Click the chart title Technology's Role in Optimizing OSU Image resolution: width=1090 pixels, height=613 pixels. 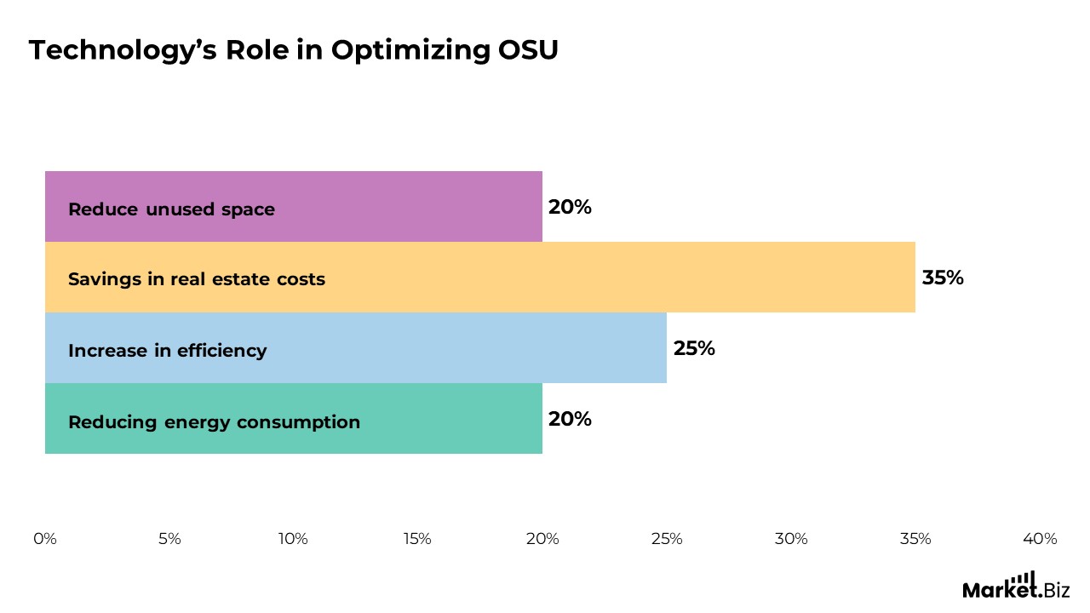click(x=294, y=50)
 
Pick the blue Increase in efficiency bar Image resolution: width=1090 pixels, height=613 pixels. click(x=468, y=348)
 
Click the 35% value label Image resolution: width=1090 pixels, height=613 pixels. click(x=943, y=278)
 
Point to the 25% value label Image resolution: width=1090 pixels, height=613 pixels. click(x=694, y=348)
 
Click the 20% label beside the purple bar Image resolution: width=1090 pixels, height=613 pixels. click(x=570, y=207)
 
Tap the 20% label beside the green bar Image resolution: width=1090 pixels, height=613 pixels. click(x=570, y=419)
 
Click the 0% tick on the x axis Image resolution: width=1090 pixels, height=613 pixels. click(x=45, y=539)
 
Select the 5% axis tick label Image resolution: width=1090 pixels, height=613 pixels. click(x=169, y=539)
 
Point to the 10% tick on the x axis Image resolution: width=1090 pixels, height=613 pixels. click(x=293, y=539)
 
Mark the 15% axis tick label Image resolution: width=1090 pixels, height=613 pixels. click(x=417, y=539)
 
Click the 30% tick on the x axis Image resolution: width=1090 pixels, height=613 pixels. click(x=790, y=539)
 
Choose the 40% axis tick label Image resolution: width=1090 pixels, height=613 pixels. click(x=1039, y=539)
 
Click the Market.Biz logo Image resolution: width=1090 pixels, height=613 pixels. click(x=1016, y=586)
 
